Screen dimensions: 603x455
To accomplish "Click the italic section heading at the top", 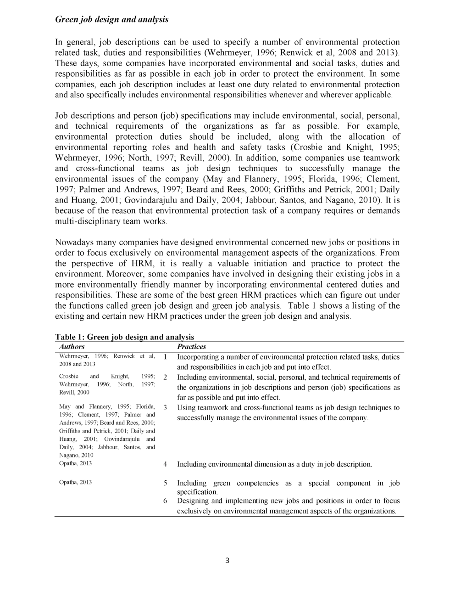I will point(111,19).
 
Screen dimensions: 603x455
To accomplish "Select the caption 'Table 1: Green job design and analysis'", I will point(124,337).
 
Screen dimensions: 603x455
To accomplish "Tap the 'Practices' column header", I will point(191,347).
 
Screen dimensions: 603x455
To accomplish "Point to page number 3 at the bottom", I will point(227,560).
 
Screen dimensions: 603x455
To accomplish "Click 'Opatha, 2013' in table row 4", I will point(76,463).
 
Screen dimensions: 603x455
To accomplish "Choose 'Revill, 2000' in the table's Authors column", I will point(74,393).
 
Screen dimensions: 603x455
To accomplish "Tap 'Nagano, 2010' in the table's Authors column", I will point(77,455).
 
